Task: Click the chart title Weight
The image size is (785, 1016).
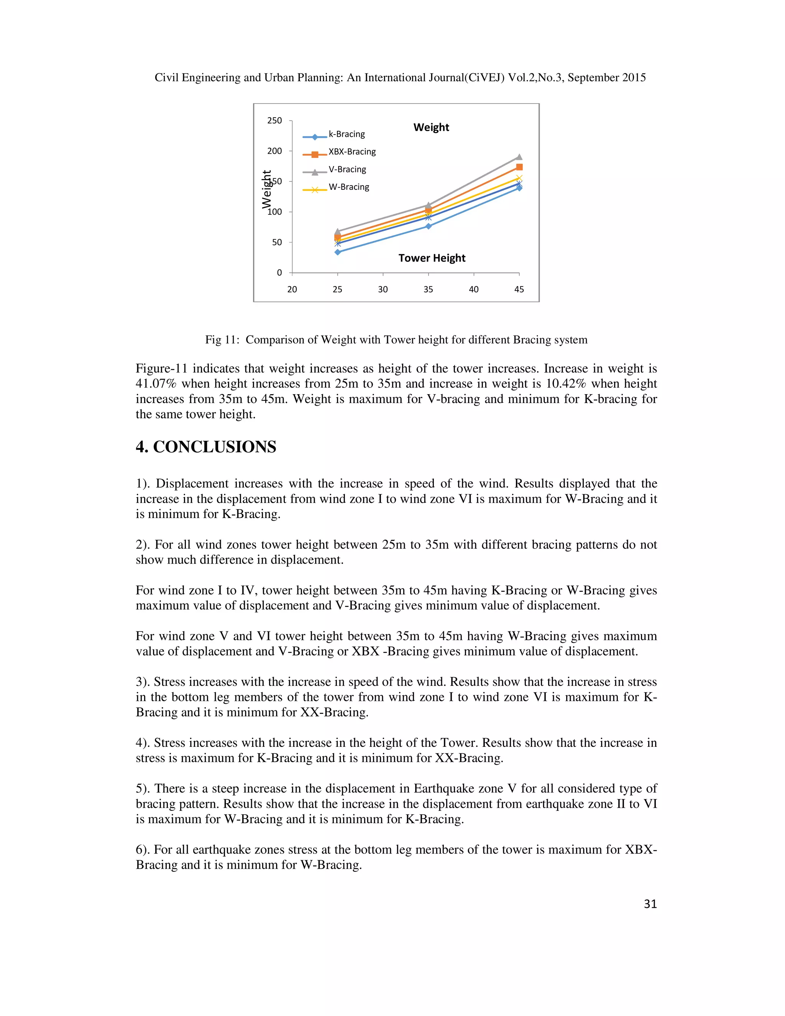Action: click(x=431, y=127)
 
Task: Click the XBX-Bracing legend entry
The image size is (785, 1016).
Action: click(x=351, y=152)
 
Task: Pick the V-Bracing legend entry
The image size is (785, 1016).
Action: click(x=347, y=170)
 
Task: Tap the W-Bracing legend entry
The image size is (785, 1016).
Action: click(x=348, y=187)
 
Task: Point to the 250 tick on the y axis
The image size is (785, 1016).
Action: click(x=274, y=121)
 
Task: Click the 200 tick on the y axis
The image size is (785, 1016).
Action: click(x=274, y=151)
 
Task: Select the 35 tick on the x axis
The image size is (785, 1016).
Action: click(x=428, y=289)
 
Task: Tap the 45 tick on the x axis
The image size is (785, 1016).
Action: click(x=519, y=289)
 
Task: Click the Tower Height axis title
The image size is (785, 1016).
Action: click(x=432, y=258)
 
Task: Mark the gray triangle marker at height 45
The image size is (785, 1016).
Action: click(x=519, y=157)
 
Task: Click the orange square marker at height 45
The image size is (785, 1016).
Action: click(x=519, y=167)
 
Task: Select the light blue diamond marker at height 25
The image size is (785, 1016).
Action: click(x=338, y=252)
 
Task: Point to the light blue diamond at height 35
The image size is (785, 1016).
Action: click(x=428, y=226)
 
